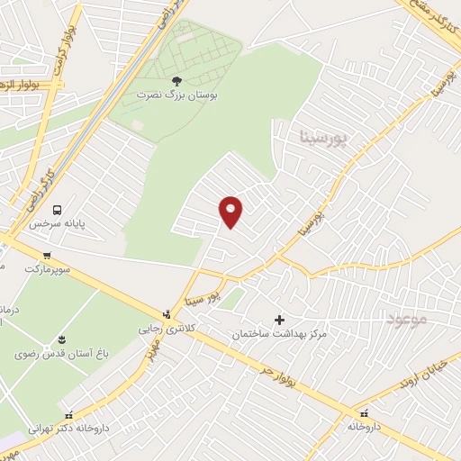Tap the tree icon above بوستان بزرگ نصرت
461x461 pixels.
pos(176,79)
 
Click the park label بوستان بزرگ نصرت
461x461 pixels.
pos(177,94)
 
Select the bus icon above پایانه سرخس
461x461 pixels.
pos(58,209)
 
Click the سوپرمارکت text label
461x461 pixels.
pos(46,268)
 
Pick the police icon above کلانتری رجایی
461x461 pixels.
pos(166,315)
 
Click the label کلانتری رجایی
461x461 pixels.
pos(166,330)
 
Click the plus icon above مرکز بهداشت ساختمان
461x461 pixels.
pos(279,320)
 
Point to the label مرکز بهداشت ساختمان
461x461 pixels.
pos(279,334)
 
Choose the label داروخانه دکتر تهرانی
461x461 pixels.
pos(69,429)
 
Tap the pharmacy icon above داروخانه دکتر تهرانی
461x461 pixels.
pos(69,416)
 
